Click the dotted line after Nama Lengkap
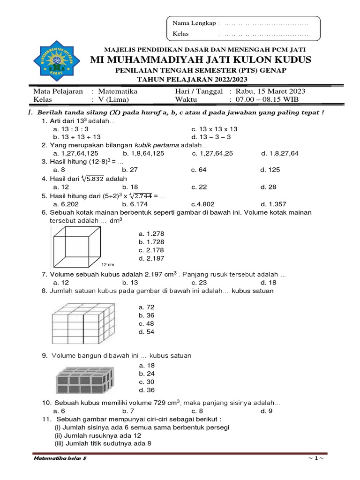[266, 23]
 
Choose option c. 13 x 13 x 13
[214, 129]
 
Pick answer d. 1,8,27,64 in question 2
[283, 153]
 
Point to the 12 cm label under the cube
[108, 265]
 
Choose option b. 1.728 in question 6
[151, 241]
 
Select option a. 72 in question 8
[146, 307]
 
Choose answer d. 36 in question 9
[146, 390]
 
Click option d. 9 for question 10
[266, 411]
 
